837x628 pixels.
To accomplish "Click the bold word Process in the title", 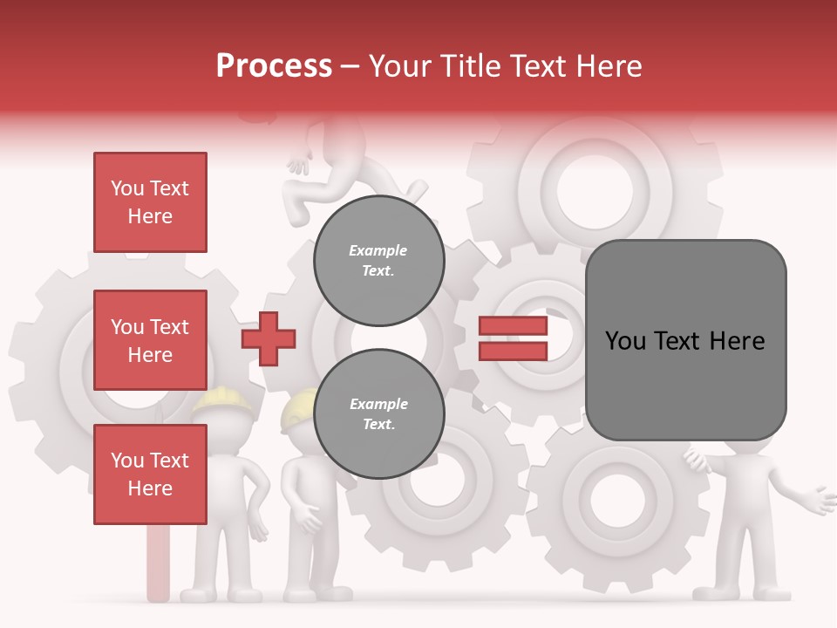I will (274, 66).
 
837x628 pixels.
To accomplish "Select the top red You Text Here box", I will (150, 202).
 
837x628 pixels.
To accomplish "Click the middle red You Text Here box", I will (150, 340).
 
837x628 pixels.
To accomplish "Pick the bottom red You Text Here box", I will (150, 474).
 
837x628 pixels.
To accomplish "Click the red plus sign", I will (269, 338).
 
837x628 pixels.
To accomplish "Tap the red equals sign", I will (514, 338).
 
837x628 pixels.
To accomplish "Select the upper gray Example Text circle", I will (378, 260).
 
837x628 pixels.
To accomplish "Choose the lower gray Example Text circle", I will (378, 413).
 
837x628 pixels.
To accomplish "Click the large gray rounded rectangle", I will (685, 340).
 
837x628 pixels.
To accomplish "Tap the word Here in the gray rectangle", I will (737, 341).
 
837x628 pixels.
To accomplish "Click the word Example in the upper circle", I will (378, 250).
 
